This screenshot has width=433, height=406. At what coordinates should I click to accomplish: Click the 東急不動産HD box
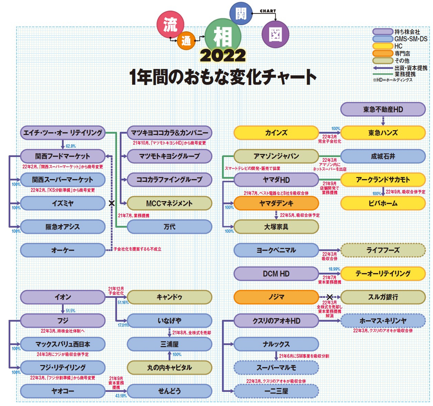[x=383, y=110]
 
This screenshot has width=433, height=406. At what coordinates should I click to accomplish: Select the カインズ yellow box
[x=276, y=133]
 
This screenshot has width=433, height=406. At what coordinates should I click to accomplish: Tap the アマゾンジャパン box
[x=276, y=156]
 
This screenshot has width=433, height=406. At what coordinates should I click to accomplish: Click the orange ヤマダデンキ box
[x=276, y=204]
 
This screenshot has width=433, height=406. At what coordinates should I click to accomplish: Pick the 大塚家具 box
[x=276, y=227]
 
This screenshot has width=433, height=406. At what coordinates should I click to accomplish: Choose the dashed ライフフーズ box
[x=383, y=250]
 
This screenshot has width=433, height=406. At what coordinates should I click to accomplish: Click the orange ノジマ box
[x=276, y=297]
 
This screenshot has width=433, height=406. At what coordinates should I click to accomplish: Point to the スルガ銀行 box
[x=383, y=297]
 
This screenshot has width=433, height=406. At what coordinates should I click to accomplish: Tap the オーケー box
[x=63, y=250]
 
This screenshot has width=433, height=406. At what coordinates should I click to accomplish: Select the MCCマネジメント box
[x=169, y=204]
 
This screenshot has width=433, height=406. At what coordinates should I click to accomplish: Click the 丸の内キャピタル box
[x=169, y=368]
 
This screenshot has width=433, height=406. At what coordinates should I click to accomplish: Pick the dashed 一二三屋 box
[x=276, y=391]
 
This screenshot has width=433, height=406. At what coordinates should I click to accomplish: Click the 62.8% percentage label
[x=71, y=146]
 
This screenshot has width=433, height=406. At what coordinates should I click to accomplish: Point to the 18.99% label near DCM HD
[x=334, y=269]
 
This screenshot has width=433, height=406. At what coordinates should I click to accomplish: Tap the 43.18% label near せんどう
[x=121, y=396]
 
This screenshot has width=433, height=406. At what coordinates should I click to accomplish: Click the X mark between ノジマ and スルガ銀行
[x=329, y=297]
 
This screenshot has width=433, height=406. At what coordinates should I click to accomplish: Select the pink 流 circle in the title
[x=170, y=24]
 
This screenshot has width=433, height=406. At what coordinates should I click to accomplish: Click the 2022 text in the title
[x=223, y=56]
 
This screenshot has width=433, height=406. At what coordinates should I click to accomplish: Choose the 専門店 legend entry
[x=402, y=53]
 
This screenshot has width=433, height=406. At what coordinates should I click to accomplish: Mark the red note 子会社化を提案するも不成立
[x=137, y=249]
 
